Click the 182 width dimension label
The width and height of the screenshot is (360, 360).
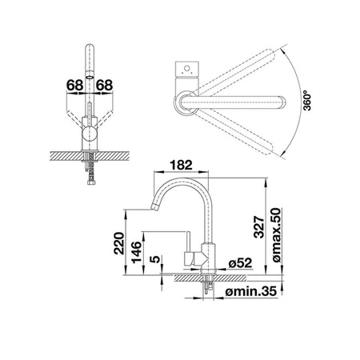point(181,165)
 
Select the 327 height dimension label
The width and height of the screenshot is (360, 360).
point(259,227)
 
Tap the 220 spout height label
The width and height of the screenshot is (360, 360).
point(119,243)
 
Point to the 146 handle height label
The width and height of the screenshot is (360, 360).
point(136,252)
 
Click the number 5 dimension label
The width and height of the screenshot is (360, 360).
point(155,259)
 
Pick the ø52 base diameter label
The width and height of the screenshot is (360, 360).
point(240,263)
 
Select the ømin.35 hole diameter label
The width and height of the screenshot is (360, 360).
point(251,291)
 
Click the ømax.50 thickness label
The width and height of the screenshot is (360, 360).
point(276,234)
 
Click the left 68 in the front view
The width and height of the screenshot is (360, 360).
point(74,86)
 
